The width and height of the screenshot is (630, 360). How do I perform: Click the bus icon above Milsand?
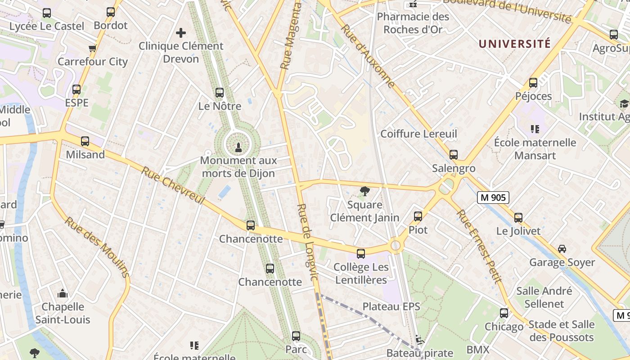pos(85,141)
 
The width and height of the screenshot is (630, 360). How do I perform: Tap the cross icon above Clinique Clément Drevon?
pos(181,33)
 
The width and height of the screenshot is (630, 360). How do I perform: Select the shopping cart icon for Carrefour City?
pos(93,48)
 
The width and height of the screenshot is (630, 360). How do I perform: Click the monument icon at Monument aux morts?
pos(238,146)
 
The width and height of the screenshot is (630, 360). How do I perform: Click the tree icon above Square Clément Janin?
pos(364,192)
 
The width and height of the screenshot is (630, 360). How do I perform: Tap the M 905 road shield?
pos(493,197)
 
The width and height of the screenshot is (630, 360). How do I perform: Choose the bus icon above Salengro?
pos(454,155)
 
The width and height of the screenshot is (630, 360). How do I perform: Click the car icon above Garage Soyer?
pos(562,249)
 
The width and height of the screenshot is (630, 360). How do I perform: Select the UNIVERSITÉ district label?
pos(514,44)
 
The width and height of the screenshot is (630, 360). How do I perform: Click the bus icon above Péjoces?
pos(533,83)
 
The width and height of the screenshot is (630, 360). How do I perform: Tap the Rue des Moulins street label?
pos(97,247)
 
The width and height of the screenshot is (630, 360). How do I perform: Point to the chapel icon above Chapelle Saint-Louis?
pos(63,294)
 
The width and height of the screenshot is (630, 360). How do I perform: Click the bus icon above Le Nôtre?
pos(220,93)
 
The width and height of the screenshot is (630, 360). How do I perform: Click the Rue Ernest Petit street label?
pos(479,246)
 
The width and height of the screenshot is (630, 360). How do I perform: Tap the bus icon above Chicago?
pos(504,313)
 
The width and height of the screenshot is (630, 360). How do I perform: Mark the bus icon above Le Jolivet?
pos(518,218)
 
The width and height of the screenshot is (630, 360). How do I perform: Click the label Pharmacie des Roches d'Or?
pos(413,23)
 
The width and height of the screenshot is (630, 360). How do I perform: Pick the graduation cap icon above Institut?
pos(624,104)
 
